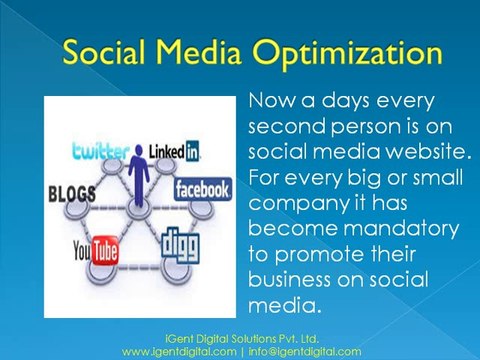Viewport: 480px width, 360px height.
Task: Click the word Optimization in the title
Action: pos(353,51)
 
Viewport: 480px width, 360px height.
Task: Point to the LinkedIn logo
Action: pos(176,151)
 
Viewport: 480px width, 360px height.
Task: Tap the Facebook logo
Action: pos(203,189)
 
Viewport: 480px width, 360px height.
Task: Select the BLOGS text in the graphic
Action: pos(70,192)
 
